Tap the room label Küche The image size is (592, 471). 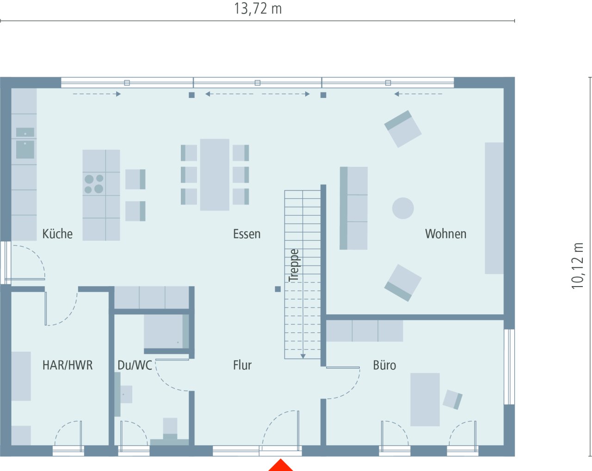(x=57, y=234)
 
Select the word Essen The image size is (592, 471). (x=247, y=234)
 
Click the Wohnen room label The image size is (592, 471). (x=445, y=234)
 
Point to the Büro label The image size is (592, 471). (x=384, y=365)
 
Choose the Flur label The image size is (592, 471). (x=242, y=365)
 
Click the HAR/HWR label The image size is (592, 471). (x=68, y=365)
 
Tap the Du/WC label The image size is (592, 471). (x=135, y=365)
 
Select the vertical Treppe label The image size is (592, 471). (x=294, y=265)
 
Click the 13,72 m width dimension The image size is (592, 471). (x=258, y=9)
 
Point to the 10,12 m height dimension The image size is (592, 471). (x=578, y=266)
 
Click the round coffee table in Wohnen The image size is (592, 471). (x=403, y=208)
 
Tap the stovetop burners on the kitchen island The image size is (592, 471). (x=94, y=184)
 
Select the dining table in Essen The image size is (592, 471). (x=215, y=175)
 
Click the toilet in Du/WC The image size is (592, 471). (x=170, y=430)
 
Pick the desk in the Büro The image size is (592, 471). (x=425, y=399)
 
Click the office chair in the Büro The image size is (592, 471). (x=452, y=399)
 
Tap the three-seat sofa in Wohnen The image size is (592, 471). (x=354, y=208)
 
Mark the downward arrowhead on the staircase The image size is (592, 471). (x=303, y=356)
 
